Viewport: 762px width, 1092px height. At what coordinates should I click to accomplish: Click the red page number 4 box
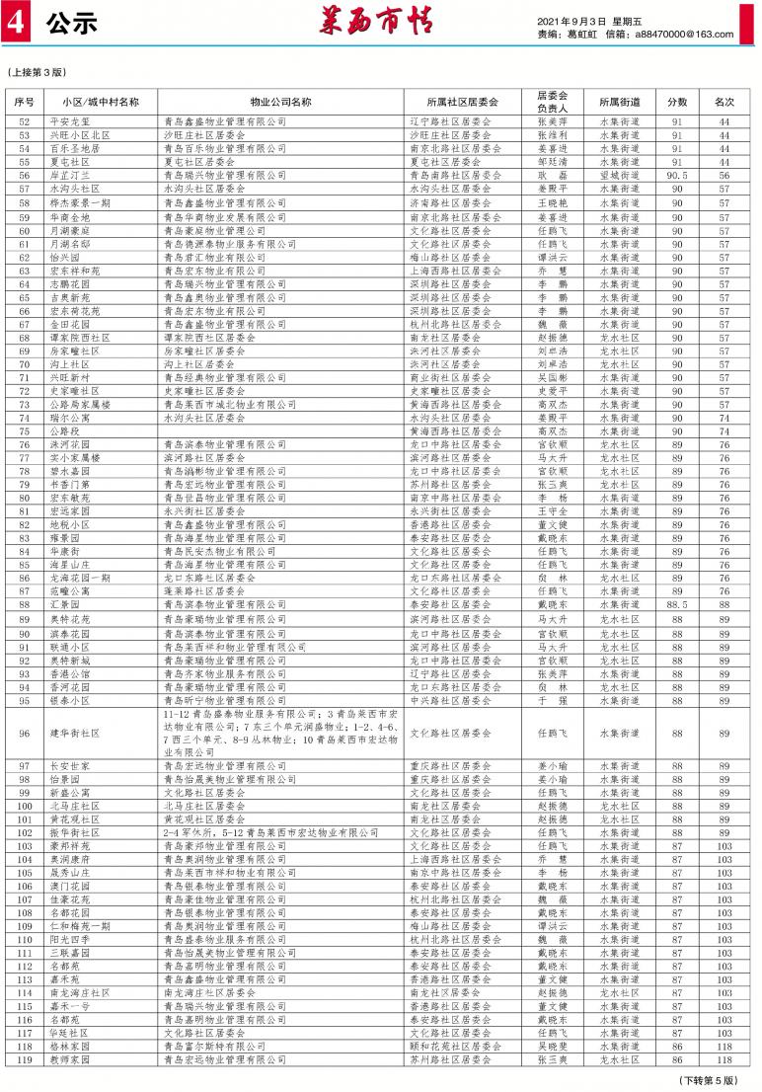pos(16,27)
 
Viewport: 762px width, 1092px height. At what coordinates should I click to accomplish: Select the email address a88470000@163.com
pos(682,35)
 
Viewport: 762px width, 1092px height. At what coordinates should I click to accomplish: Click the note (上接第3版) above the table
pos(38,72)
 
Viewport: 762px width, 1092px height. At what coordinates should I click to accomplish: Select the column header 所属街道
pos(619,102)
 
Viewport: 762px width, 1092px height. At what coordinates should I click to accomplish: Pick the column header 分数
pos(677,102)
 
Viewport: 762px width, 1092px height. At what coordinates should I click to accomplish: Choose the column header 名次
pos(724,102)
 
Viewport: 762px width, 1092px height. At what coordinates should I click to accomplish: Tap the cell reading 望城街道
pos(619,174)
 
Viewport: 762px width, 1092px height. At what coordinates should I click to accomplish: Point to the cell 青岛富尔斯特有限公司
pos(214,1046)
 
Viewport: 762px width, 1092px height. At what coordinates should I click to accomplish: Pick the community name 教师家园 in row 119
pos(70,1059)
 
